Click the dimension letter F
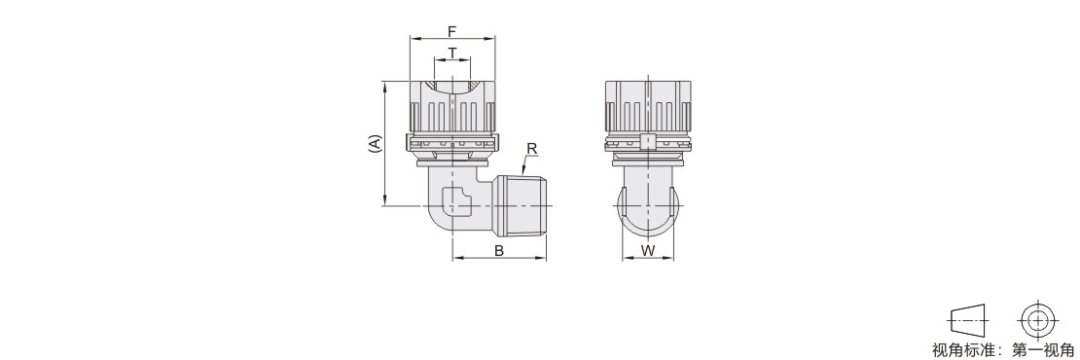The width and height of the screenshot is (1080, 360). click(451, 31)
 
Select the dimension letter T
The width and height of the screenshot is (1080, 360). click(451, 53)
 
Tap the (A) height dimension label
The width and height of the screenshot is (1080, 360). click(375, 143)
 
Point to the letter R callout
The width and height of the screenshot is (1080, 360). click(531, 148)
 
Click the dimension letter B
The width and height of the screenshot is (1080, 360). click(499, 251)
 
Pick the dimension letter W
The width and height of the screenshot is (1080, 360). click(648, 251)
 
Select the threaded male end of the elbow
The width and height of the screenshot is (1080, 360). click(522, 206)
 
